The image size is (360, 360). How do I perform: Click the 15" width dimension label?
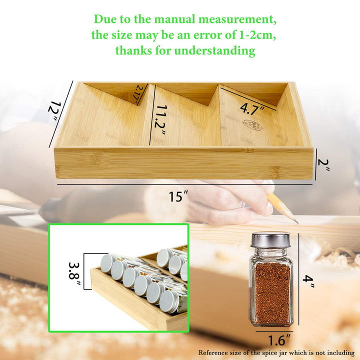(x=175, y=196)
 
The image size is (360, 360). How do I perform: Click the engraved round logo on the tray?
(x=252, y=125)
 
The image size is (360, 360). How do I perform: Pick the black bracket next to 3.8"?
(x=86, y=270)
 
